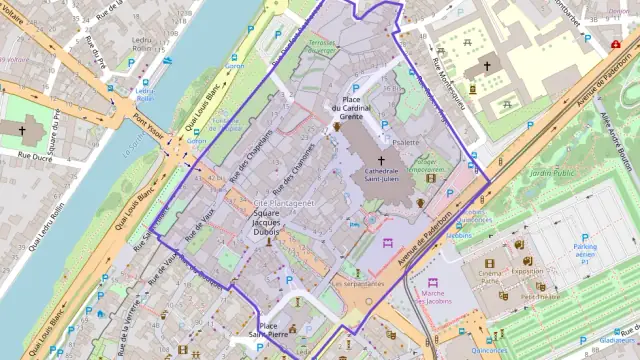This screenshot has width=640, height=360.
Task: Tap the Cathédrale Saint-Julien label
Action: (x=381, y=177)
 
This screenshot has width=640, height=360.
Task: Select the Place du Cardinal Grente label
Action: (x=351, y=107)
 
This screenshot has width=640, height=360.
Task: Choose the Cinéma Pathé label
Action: (x=490, y=275)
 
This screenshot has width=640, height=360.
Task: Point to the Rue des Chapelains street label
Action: (x=251, y=157)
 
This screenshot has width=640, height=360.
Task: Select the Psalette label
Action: (x=406, y=143)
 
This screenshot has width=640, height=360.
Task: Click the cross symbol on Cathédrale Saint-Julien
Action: (x=381, y=159)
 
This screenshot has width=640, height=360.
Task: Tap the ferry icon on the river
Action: (x=167, y=61)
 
